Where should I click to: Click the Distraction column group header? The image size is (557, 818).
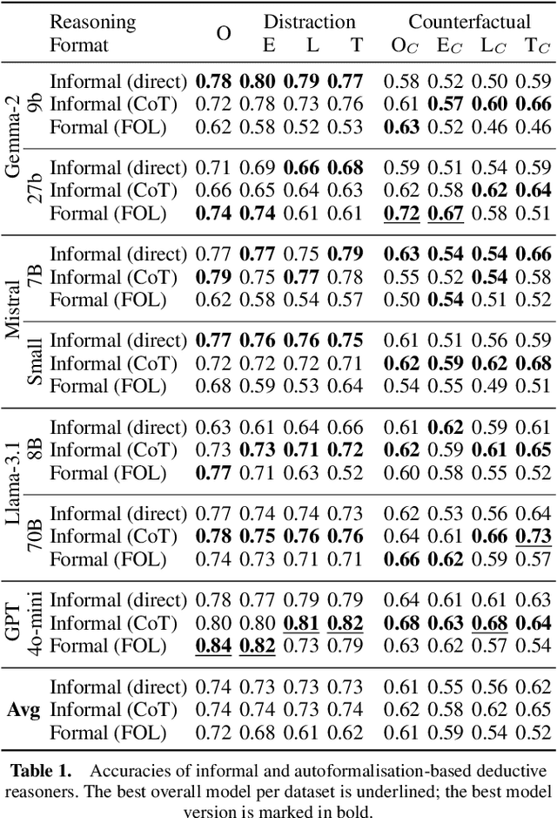click(x=309, y=22)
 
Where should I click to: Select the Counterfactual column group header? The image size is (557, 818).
click(x=469, y=22)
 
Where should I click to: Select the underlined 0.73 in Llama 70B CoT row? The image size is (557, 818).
click(x=537, y=537)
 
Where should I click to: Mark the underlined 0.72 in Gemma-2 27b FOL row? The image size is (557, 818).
click(x=403, y=213)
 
